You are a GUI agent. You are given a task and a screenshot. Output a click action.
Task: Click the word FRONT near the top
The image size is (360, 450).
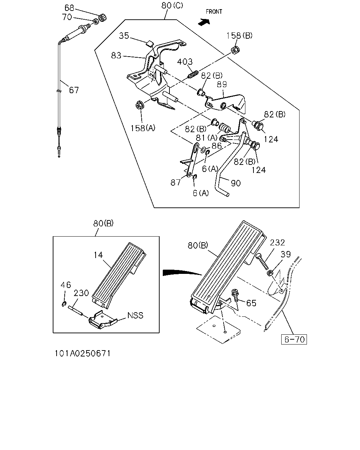point(214,12)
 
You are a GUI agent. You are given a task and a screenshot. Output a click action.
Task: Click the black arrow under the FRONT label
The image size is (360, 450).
point(204,22)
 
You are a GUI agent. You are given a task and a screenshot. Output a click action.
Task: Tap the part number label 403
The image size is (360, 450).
point(185,62)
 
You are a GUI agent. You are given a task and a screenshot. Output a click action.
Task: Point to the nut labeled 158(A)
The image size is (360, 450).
point(139,105)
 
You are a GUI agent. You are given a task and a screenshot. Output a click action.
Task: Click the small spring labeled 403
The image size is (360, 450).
point(193,75)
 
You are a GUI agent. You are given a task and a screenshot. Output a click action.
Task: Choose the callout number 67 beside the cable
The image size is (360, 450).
point(74,90)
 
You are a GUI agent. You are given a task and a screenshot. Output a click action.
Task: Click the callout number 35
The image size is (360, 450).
point(124,36)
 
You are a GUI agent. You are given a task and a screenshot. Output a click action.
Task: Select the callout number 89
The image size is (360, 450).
point(222,84)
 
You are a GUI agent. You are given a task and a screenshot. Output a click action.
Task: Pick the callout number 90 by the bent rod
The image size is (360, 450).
point(236,183)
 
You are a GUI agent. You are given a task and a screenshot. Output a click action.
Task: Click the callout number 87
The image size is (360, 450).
point(175,182)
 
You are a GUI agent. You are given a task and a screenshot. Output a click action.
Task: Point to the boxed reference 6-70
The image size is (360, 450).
point(294,339)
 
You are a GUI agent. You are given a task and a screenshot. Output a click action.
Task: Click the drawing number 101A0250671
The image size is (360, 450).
point(83,353)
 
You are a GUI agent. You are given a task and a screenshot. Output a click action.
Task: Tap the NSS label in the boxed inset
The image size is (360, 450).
point(135,315)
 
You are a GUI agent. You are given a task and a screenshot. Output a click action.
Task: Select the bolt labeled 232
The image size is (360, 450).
point(262,261)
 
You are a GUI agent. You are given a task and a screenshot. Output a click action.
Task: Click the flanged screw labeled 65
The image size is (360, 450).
point(235,295)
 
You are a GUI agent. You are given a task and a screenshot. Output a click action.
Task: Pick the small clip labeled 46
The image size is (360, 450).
point(64,304)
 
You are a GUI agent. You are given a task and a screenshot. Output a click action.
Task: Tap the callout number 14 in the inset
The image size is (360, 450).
point(98,255)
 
